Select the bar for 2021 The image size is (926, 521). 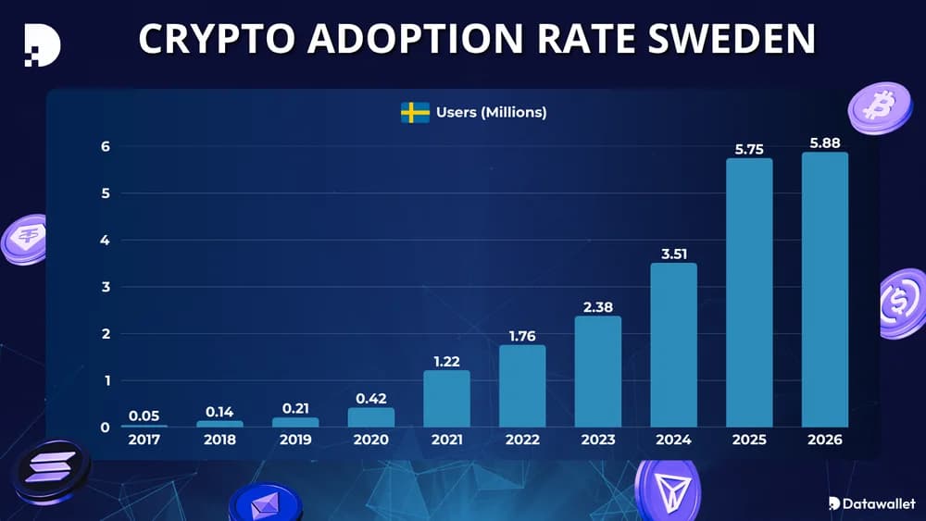446,399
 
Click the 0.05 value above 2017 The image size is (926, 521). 144,416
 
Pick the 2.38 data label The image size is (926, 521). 597,305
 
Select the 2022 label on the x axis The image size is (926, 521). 522,440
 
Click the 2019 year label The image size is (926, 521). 295,440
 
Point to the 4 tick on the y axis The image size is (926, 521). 106,241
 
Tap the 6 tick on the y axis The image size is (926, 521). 106,146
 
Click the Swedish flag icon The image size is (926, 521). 414,113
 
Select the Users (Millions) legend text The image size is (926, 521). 491,113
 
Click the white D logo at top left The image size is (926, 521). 42,41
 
